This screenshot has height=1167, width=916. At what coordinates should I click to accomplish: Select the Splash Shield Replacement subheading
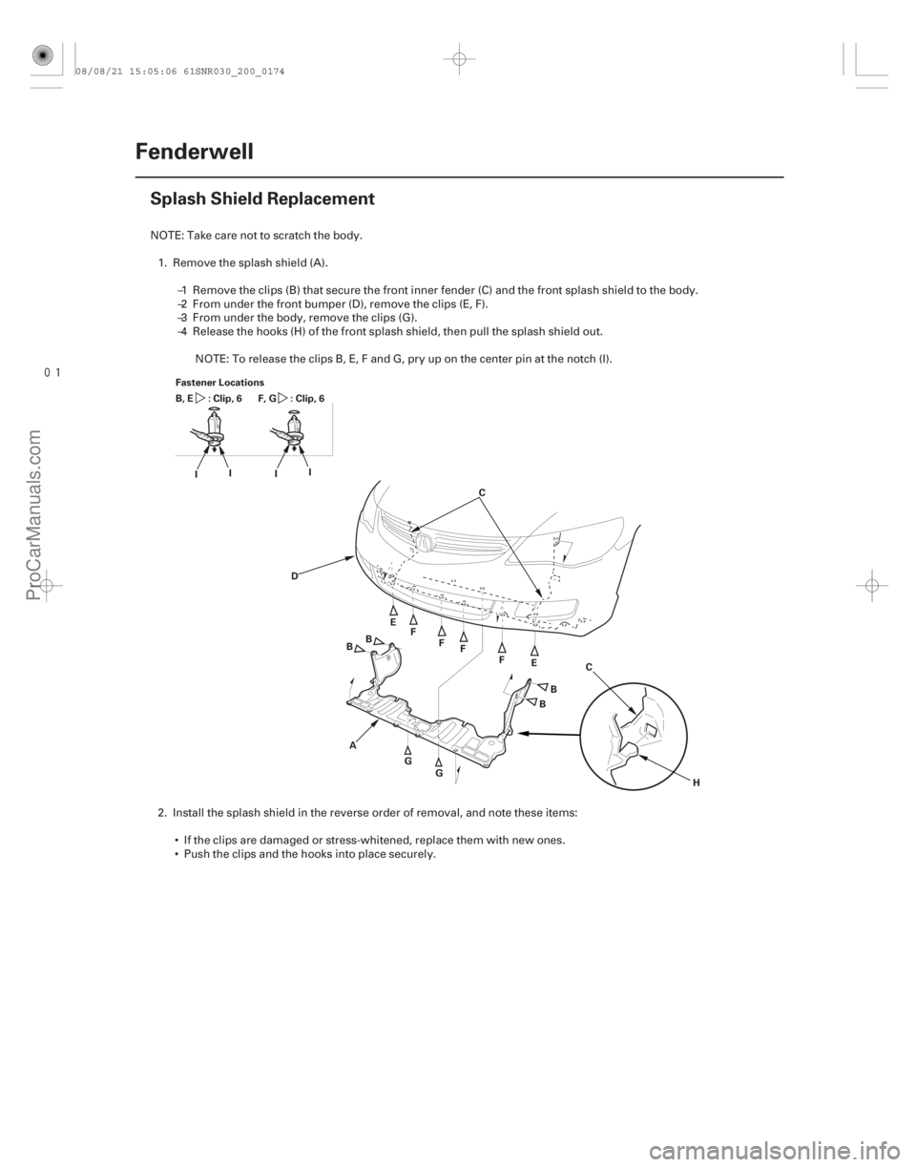(261, 200)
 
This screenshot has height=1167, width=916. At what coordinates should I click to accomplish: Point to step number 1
(160, 261)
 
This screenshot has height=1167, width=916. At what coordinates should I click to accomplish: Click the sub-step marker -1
(181, 289)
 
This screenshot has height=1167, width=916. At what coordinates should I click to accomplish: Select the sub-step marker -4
(181, 332)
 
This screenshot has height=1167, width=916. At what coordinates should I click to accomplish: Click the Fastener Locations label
(205, 379)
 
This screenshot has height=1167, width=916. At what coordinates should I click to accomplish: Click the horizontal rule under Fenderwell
(458, 177)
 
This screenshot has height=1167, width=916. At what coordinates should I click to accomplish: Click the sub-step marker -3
(181, 318)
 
